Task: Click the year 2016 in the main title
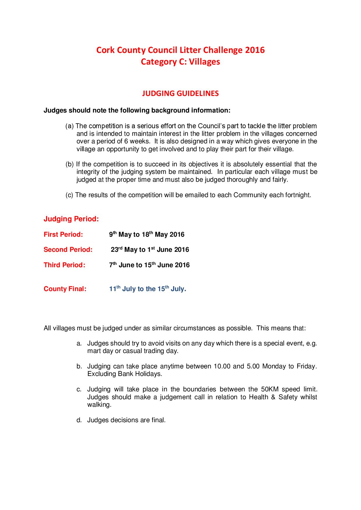pyautogui.click(x=255, y=50)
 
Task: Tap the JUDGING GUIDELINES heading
pyautogui.click(x=180, y=93)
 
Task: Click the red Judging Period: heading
pyautogui.click(x=71, y=219)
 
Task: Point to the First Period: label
pyautogui.click(x=63, y=235)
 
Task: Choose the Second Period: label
pyautogui.click(x=68, y=250)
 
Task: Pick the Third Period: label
pyautogui.click(x=64, y=265)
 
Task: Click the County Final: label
pyautogui.click(x=65, y=289)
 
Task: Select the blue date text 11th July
pyautogui.click(x=122, y=289)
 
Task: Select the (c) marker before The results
pyautogui.click(x=69, y=195)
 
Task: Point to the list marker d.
pyautogui.click(x=79, y=420)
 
